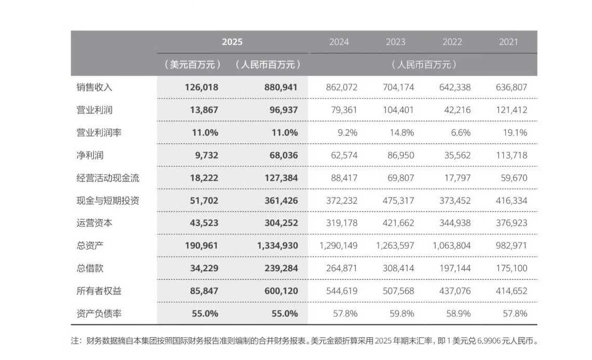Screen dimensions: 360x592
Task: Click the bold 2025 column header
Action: pyautogui.click(x=232, y=42)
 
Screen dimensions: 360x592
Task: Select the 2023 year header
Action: pyautogui.click(x=395, y=42)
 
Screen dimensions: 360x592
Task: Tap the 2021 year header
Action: pyautogui.click(x=508, y=42)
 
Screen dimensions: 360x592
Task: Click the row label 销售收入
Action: pyautogui.click(x=94, y=87)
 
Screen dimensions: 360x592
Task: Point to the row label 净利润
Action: pyautogui.click(x=90, y=155)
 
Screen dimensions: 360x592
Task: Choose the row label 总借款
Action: pyautogui.click(x=90, y=269)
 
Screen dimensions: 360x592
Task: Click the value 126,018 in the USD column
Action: pyautogui.click(x=201, y=87)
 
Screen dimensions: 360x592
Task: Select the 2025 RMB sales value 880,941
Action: pyautogui.click(x=280, y=87)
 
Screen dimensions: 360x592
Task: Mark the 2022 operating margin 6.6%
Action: pyautogui.click(x=460, y=132)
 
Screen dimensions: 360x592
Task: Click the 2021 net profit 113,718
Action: pyautogui.click(x=512, y=155)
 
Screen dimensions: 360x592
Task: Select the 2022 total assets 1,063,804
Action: pyautogui.click(x=451, y=246)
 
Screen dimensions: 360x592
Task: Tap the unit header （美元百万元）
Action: pyautogui.click(x=192, y=65)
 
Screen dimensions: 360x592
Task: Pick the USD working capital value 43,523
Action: pyautogui.click(x=201, y=223)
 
